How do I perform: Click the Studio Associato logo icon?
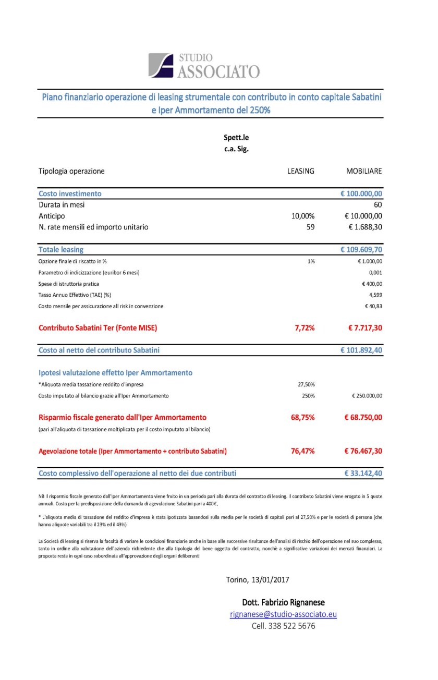click(x=161, y=65)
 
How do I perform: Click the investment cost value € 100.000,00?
click(x=361, y=193)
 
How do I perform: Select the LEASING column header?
click(x=301, y=171)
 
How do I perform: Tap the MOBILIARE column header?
click(x=364, y=171)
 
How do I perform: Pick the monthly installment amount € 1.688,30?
click(x=365, y=227)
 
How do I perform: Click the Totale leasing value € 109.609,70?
click(x=361, y=250)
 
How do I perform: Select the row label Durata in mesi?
click(x=62, y=205)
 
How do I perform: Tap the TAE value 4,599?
click(x=375, y=295)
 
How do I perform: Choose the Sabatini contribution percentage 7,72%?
click(x=303, y=328)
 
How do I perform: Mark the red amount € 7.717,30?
click(x=365, y=328)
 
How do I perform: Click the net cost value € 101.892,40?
click(x=361, y=350)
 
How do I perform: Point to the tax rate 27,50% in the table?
click(x=306, y=384)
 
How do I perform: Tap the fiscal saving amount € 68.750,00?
click(x=363, y=417)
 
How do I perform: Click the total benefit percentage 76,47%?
click(x=302, y=451)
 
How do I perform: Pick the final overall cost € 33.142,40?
click(x=363, y=473)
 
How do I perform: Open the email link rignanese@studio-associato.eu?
click(x=283, y=614)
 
